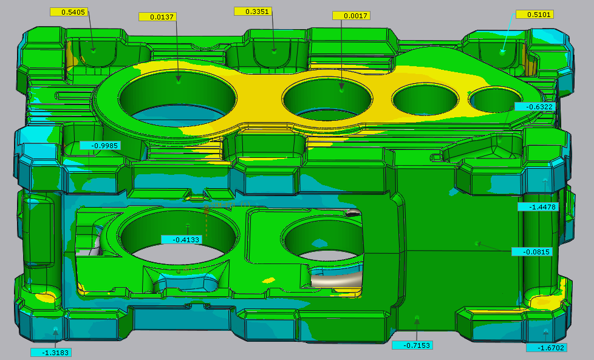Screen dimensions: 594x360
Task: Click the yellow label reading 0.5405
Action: click(x=69, y=12)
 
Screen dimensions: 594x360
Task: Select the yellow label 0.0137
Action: click(x=157, y=17)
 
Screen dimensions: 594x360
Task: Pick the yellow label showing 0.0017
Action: click(x=351, y=16)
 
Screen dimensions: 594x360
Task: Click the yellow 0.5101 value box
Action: click(x=535, y=15)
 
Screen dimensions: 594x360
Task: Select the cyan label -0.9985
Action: click(x=100, y=146)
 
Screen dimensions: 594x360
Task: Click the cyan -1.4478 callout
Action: click(x=538, y=207)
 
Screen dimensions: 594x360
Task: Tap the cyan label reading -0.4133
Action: click(x=181, y=240)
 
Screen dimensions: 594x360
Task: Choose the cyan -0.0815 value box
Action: click(x=531, y=252)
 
